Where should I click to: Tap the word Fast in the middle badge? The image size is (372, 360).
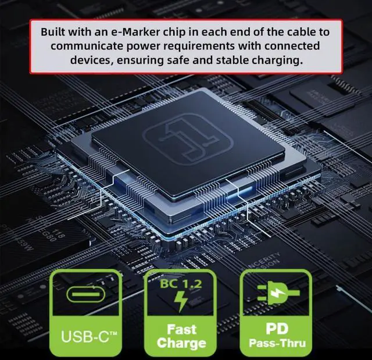point(181,329)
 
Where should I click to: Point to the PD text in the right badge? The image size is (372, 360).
point(276,329)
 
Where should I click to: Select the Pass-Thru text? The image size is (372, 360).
point(276,343)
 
